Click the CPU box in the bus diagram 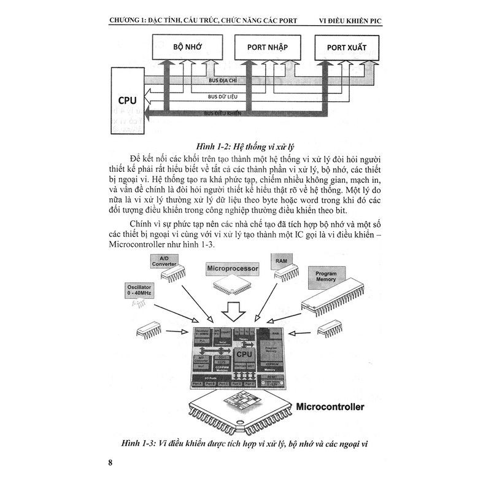(x=127, y=99)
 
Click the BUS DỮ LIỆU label (x=222, y=97)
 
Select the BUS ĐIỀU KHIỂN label (x=222, y=114)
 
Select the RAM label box (x=284, y=260)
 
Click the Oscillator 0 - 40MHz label (x=141, y=290)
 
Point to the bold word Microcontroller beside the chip (x=330, y=407)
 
